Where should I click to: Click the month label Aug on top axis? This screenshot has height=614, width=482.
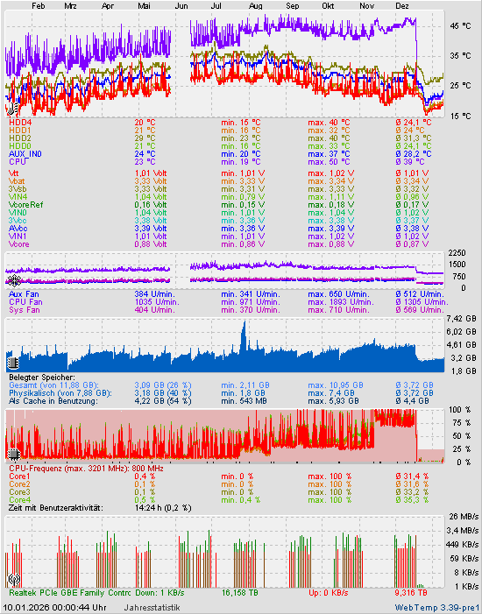coord(256,5)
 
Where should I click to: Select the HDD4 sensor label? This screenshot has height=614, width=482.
coord(20,122)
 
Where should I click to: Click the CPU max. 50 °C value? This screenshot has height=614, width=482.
coord(329,161)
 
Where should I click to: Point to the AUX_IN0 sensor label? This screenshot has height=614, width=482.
coord(25,153)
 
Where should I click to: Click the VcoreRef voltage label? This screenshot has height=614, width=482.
coord(25,204)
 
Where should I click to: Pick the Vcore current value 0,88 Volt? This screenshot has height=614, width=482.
coord(151,243)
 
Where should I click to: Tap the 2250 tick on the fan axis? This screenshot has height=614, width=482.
coord(456,252)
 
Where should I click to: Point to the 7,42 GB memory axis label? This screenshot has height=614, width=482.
coord(462,318)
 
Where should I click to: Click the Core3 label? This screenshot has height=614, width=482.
coord(20,491)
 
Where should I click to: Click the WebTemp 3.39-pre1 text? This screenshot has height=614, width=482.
coord(436,606)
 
